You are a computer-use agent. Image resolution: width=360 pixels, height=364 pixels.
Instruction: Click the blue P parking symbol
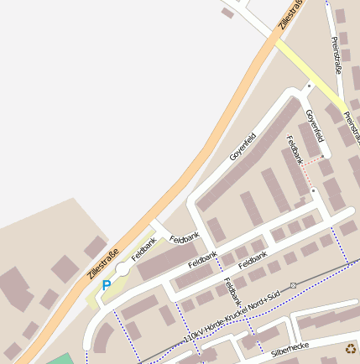click(x=106, y=285)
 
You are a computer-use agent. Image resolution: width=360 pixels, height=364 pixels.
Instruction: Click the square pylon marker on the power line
click(x=293, y=286)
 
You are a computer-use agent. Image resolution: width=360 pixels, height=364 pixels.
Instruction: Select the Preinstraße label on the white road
click(x=337, y=55)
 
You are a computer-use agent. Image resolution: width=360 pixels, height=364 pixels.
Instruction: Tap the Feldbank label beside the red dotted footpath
click(x=295, y=152)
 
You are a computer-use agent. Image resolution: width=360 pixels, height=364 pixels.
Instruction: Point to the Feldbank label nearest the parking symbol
click(x=143, y=247)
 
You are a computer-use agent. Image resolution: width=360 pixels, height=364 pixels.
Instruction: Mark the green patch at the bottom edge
click(x=60, y=359)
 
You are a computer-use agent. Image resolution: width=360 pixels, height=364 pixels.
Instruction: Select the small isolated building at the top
click(x=227, y=13)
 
